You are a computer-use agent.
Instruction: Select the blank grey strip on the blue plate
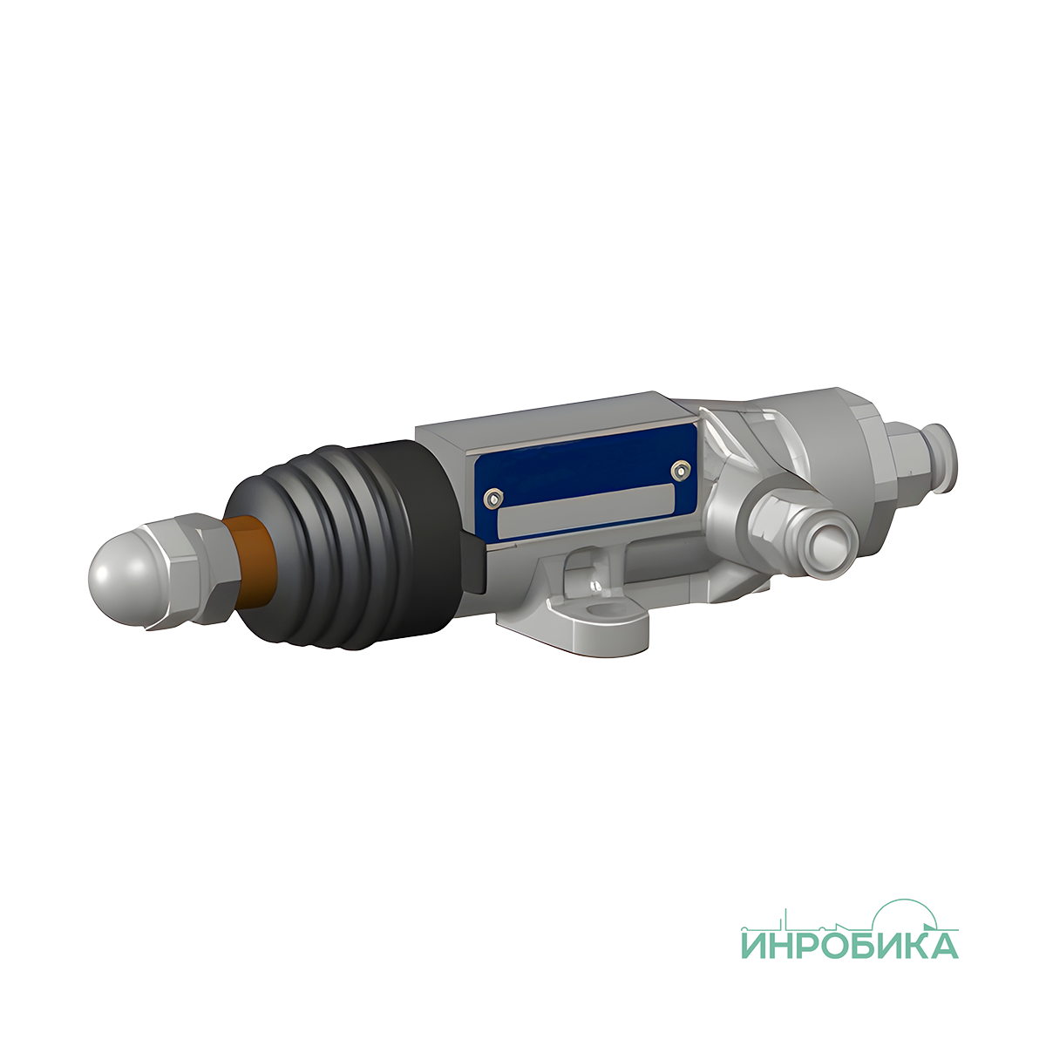[587, 511]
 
